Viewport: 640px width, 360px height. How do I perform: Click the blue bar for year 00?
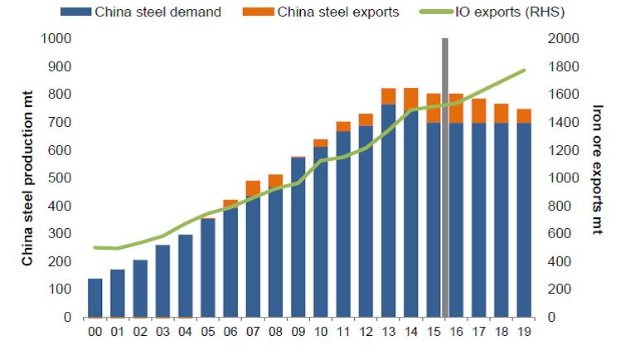pos(95,298)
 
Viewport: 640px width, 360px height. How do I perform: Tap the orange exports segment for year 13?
pos(389,96)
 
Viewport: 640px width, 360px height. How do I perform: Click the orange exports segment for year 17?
pos(479,110)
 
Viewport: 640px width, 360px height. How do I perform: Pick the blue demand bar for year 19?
pos(524,220)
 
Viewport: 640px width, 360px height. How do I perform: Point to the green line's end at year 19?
pos(525,71)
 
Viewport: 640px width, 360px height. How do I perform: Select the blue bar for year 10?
pos(321,232)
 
